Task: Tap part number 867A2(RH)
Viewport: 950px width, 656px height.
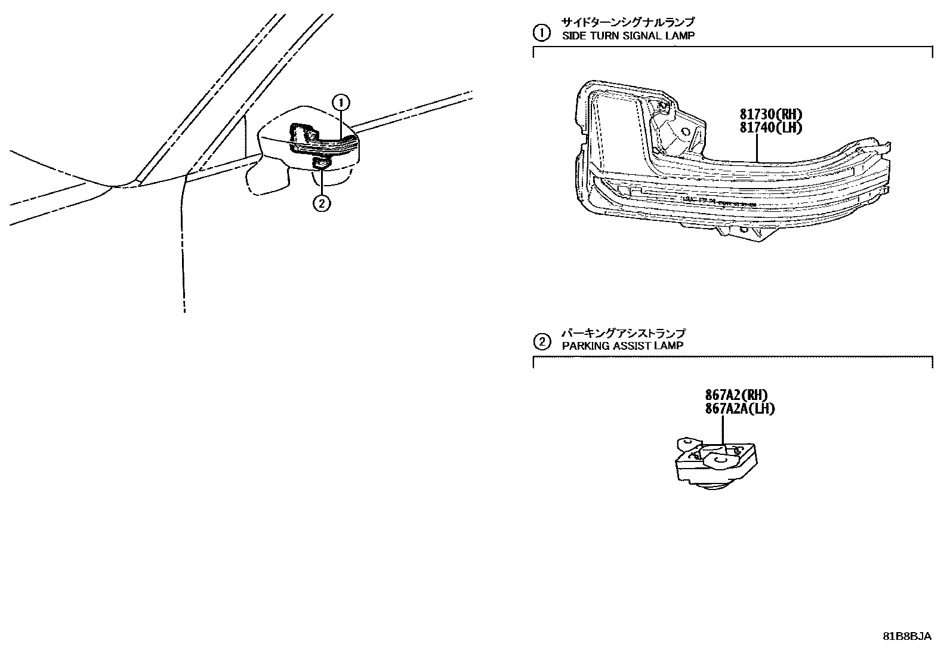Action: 736,395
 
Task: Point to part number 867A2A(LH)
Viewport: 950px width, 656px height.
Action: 739,408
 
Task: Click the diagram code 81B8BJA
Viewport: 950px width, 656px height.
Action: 907,636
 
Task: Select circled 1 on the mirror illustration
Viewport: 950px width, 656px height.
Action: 341,103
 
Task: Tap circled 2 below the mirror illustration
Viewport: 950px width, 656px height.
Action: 321,203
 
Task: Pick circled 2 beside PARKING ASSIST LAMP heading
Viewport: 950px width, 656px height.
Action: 541,342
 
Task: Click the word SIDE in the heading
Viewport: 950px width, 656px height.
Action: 573,36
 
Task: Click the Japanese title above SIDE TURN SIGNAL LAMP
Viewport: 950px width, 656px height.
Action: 627,23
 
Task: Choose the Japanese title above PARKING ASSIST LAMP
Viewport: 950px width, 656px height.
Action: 623,333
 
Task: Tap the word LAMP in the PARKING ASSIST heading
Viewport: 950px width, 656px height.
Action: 671,346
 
